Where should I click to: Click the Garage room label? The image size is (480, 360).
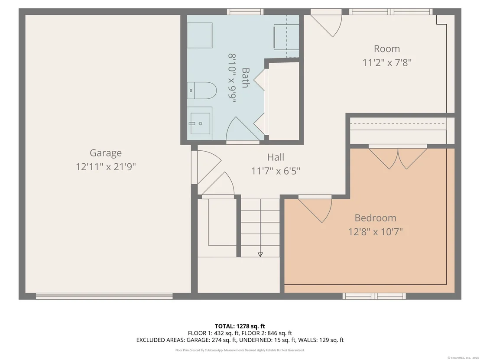(106, 153)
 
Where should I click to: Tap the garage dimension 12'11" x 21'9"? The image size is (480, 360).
(106, 167)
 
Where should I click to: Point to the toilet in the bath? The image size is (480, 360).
(202, 90)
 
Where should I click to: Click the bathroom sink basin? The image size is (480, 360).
(200, 123)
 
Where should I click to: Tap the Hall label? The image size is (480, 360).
(276, 157)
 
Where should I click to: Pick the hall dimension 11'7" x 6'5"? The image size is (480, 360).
(276, 171)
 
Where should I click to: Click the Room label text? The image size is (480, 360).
(386, 49)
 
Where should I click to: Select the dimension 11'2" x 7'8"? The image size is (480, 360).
(386, 63)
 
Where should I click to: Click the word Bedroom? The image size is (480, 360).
(375, 218)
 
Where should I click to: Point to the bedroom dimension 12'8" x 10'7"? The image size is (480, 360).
(375, 232)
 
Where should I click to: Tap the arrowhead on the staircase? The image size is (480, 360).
(260, 254)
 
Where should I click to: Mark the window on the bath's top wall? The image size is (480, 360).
(245, 12)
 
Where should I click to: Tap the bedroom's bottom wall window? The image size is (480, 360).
(374, 296)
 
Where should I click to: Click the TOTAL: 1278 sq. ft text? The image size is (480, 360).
(240, 326)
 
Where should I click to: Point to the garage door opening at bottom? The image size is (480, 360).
(104, 296)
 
